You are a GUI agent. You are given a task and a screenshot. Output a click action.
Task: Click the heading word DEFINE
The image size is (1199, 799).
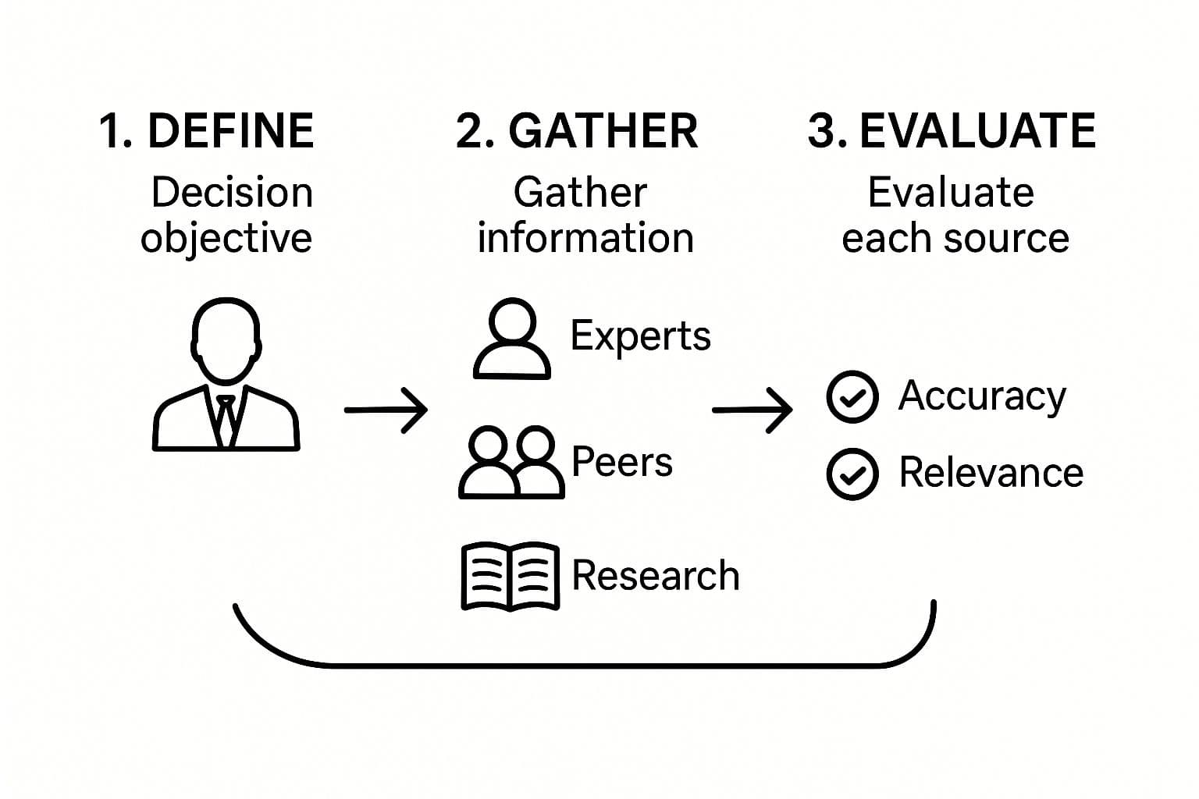tap(230, 130)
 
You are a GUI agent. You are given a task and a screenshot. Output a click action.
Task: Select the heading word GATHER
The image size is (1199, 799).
tap(603, 130)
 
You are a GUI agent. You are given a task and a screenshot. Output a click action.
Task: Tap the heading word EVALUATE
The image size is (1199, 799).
tap(977, 130)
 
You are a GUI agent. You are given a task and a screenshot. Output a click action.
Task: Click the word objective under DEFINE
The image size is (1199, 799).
tap(226, 238)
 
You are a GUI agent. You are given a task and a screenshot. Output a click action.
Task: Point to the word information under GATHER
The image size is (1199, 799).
tap(585, 238)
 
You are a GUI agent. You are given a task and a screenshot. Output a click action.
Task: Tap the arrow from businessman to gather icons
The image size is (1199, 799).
tap(386, 409)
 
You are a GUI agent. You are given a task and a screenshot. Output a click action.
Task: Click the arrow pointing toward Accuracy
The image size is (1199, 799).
tap(752, 409)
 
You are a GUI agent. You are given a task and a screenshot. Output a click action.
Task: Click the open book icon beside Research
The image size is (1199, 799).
tap(511, 576)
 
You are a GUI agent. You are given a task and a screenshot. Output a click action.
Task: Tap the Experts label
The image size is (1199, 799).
tap(640, 336)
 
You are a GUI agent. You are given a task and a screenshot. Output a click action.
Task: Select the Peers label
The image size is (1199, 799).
tap(621, 461)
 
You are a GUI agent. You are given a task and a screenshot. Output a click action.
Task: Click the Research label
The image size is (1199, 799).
tap(655, 576)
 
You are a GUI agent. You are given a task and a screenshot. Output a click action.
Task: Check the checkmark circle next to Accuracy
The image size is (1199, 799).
tap(852, 396)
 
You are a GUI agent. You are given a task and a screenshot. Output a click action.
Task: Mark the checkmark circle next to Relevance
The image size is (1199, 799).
tap(852, 474)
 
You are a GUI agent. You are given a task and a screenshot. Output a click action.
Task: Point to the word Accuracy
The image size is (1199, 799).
tap(982, 396)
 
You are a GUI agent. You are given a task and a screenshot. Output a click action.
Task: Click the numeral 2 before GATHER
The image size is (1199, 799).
tap(471, 130)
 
